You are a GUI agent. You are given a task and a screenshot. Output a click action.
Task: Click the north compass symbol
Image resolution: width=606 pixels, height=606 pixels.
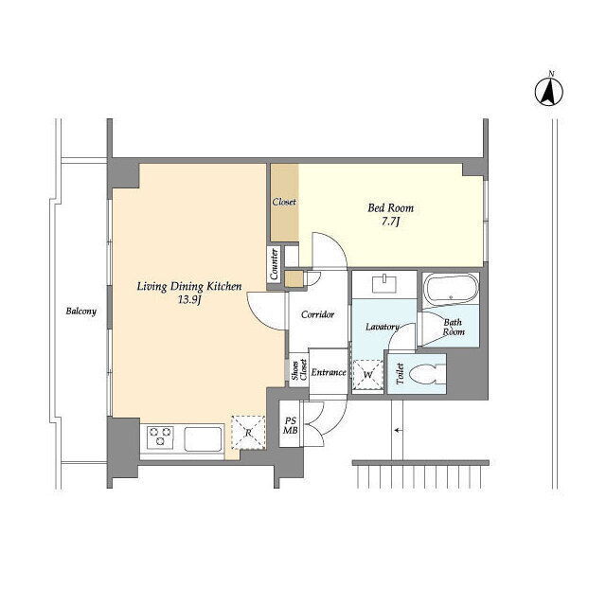click(549, 91)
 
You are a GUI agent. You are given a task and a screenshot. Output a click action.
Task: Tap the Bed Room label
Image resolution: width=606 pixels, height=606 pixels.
click(390, 208)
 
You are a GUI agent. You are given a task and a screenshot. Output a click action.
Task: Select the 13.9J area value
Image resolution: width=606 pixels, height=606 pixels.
click(189, 299)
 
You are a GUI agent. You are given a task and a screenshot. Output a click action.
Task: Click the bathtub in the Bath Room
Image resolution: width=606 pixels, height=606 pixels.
click(451, 288)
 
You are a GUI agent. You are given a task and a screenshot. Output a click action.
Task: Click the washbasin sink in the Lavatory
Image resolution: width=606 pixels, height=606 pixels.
click(384, 284)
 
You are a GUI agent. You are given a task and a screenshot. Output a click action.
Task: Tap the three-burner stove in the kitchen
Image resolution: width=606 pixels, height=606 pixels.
click(160, 437)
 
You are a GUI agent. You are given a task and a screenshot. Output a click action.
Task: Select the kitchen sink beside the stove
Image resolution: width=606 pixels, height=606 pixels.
click(203, 438)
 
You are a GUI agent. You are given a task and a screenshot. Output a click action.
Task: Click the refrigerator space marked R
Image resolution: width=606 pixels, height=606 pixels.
click(248, 433)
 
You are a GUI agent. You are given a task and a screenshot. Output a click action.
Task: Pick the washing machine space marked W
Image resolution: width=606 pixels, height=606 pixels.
click(368, 375)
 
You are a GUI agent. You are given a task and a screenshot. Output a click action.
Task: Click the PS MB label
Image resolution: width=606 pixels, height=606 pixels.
click(291, 425)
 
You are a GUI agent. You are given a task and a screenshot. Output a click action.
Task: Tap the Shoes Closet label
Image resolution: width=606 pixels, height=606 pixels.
click(299, 369)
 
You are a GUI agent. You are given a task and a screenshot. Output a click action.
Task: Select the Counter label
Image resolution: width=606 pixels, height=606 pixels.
click(274, 264)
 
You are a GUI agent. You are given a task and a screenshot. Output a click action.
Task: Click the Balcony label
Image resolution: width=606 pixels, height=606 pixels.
click(80, 312)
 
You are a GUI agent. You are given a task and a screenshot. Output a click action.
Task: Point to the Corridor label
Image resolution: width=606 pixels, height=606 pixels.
click(318, 314)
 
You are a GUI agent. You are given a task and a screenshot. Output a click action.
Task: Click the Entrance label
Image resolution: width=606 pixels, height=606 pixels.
click(329, 372)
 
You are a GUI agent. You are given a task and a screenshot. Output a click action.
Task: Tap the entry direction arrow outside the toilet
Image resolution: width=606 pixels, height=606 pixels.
click(399, 430)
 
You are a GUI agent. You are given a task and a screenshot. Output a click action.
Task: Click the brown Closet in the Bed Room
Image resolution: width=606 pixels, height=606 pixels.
click(284, 203)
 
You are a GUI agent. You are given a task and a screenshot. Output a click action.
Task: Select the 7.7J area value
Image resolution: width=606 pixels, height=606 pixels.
click(390, 222)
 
